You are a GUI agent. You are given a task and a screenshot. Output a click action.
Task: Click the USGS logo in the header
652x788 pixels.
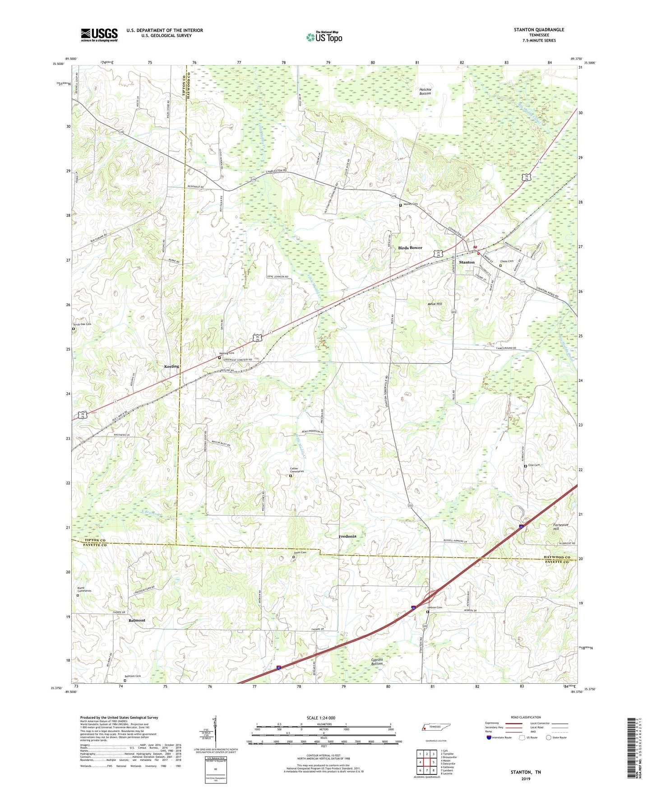pyautogui.click(x=99, y=34)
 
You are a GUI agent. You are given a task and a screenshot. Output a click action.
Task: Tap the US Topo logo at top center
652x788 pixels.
pyautogui.click(x=324, y=37)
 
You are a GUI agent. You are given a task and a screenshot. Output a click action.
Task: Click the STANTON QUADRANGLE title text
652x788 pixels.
pyautogui.click(x=539, y=30)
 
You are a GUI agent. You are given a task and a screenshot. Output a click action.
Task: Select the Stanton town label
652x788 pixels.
pyautogui.click(x=467, y=262)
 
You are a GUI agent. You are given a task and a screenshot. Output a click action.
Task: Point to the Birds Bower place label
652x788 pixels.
pyautogui.click(x=410, y=248)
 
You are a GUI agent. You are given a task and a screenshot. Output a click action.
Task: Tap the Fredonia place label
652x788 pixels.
pyautogui.click(x=347, y=536)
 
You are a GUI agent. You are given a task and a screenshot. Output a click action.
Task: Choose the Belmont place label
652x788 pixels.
pyautogui.click(x=137, y=620)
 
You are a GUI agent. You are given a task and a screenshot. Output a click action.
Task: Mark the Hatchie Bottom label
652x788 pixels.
pyautogui.click(x=425, y=91)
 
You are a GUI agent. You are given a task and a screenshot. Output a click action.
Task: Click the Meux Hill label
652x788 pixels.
pyautogui.click(x=435, y=304)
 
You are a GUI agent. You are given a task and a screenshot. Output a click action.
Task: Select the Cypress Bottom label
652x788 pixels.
pyautogui.click(x=377, y=662)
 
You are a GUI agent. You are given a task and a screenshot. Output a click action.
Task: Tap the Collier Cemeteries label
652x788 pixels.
pyautogui.click(x=296, y=470)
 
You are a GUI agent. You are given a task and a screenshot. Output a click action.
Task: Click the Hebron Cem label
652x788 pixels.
pyautogui.click(x=435, y=607)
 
